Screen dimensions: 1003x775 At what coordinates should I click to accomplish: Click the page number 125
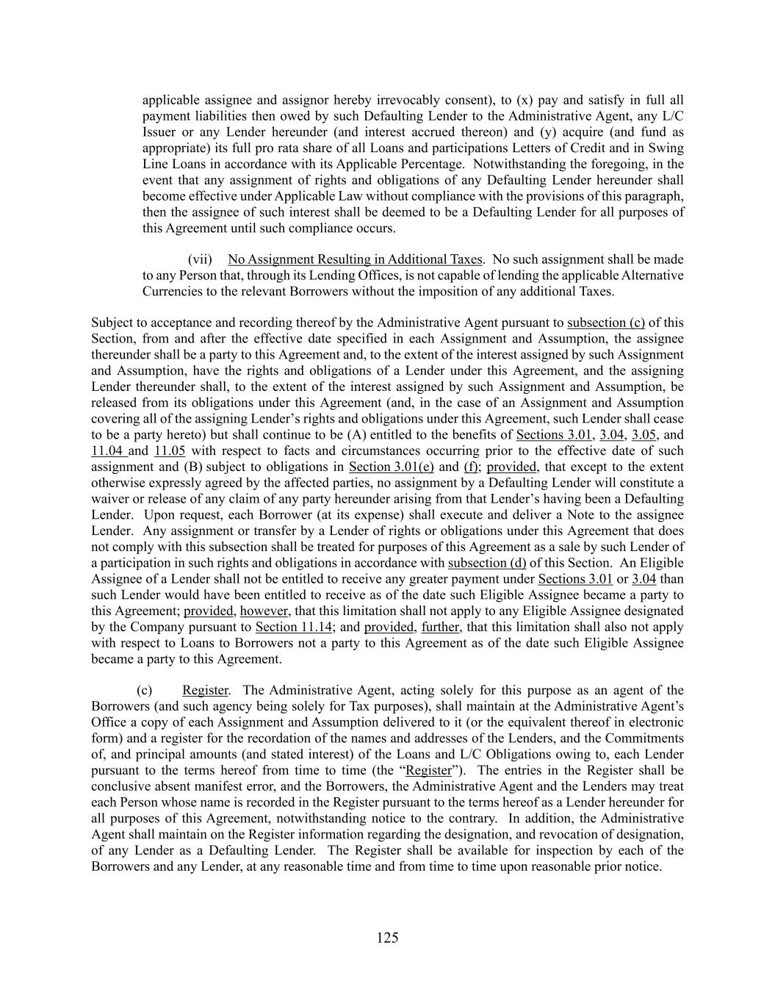(x=387, y=938)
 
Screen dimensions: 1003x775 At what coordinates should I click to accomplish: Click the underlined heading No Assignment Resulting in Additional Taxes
(x=355, y=259)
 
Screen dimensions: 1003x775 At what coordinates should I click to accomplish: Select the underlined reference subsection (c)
(x=606, y=323)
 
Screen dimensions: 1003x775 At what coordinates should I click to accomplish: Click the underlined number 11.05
(x=170, y=451)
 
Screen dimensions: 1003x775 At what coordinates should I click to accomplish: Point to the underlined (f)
(x=470, y=467)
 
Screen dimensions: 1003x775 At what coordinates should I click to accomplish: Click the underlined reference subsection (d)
(x=487, y=563)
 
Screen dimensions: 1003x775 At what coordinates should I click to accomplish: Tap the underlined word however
(x=265, y=611)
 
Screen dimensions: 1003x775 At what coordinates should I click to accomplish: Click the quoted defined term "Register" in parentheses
(x=429, y=771)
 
